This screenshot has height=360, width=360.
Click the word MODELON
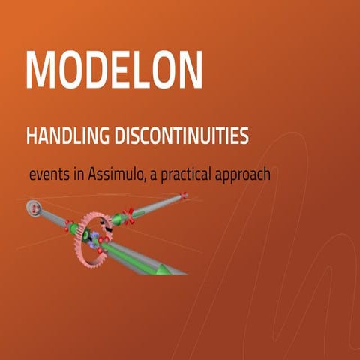pyautogui.click(x=114, y=70)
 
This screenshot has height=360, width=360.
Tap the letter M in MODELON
pyautogui.click(x=42, y=70)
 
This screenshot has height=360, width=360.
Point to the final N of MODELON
pyautogui.click(x=187, y=70)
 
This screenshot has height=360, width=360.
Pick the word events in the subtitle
pyautogui.click(x=49, y=174)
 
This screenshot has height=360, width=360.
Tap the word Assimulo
pyautogui.click(x=118, y=173)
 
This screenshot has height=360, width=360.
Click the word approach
pyautogui.click(x=244, y=175)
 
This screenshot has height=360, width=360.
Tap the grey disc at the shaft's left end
pyautogui.click(x=33, y=207)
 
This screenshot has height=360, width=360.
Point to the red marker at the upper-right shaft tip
pyautogui.click(x=184, y=196)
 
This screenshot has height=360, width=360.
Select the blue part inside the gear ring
pyautogui.click(x=92, y=241)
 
